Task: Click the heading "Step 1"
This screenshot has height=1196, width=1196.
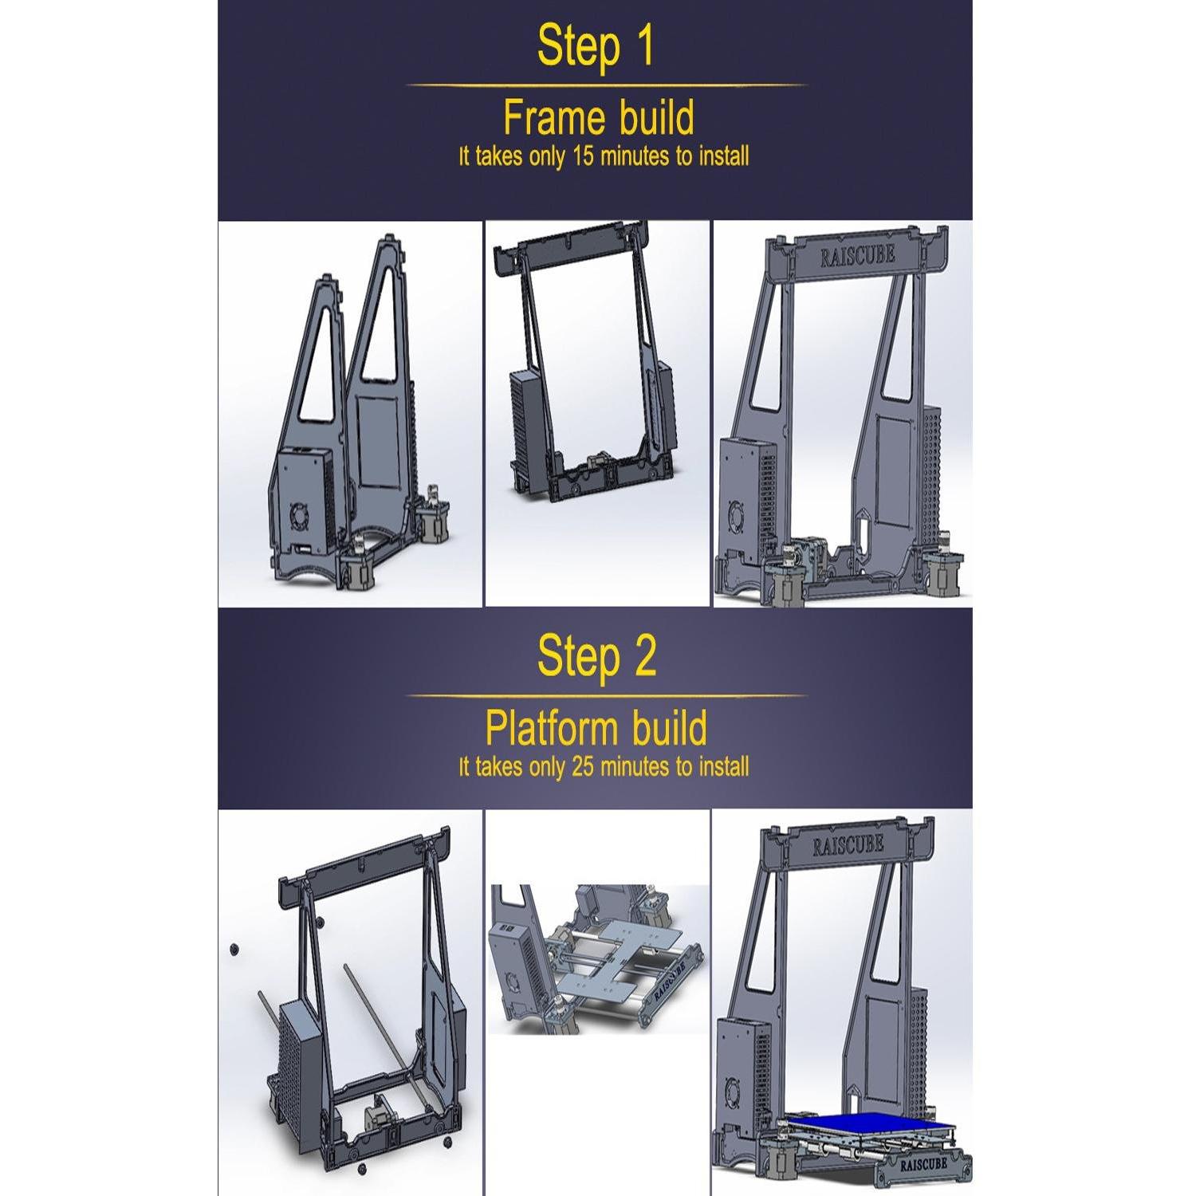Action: pyautogui.click(x=596, y=45)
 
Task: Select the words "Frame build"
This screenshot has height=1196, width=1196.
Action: pyautogui.click(x=599, y=118)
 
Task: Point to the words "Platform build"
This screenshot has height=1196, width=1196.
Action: pyautogui.click(x=596, y=728)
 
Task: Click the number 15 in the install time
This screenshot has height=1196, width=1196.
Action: pyautogui.click(x=583, y=156)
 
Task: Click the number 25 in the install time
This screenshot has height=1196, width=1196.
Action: pyautogui.click(x=583, y=767)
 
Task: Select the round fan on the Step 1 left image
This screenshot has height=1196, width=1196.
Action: pyautogui.click(x=301, y=515)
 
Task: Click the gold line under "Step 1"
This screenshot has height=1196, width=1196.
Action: pyautogui.click(x=606, y=85)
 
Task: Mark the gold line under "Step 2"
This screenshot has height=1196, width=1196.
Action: pyautogui.click(x=606, y=695)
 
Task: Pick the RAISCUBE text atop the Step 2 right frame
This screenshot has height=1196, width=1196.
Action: pyautogui.click(x=848, y=845)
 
